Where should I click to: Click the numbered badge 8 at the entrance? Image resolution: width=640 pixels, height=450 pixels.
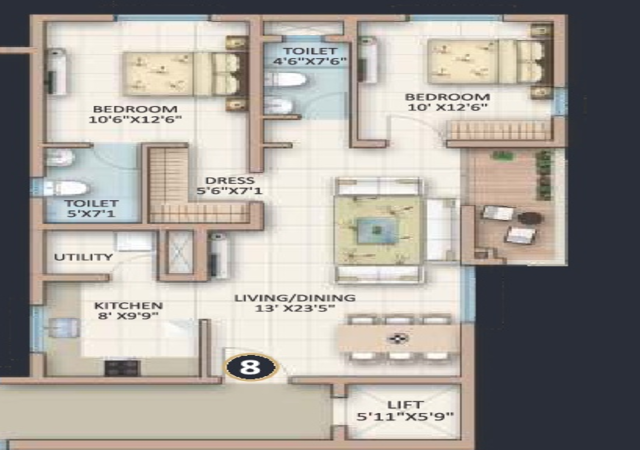point(250,367)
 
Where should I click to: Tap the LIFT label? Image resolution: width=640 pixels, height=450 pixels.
point(405,405)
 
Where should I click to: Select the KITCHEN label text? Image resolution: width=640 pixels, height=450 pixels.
point(129,305)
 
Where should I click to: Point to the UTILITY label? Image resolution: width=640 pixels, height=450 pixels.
point(83,257)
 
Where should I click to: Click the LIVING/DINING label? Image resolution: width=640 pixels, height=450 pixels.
point(295,298)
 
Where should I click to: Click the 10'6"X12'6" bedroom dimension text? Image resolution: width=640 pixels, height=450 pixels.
point(135,119)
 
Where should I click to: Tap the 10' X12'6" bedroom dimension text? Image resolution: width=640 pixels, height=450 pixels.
point(448,107)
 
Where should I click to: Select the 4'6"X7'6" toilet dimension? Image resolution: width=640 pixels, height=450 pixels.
point(311,62)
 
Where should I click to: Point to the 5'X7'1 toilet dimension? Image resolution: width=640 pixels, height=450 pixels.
point(91,213)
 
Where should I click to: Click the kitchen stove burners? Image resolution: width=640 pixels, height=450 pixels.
point(122,368)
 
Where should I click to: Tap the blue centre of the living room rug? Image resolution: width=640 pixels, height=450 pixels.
point(377,230)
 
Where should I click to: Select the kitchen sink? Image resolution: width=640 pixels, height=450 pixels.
point(64,327)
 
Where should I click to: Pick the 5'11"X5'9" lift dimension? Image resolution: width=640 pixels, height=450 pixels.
point(405,417)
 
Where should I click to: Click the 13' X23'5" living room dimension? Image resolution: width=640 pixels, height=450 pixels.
point(295,308)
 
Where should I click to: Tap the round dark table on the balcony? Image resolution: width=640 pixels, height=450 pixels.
point(531,218)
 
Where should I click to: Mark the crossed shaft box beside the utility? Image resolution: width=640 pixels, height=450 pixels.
point(180,252)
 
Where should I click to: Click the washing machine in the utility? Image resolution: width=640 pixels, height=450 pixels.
point(134,242)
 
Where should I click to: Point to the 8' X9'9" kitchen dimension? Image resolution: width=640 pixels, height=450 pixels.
point(129,316)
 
